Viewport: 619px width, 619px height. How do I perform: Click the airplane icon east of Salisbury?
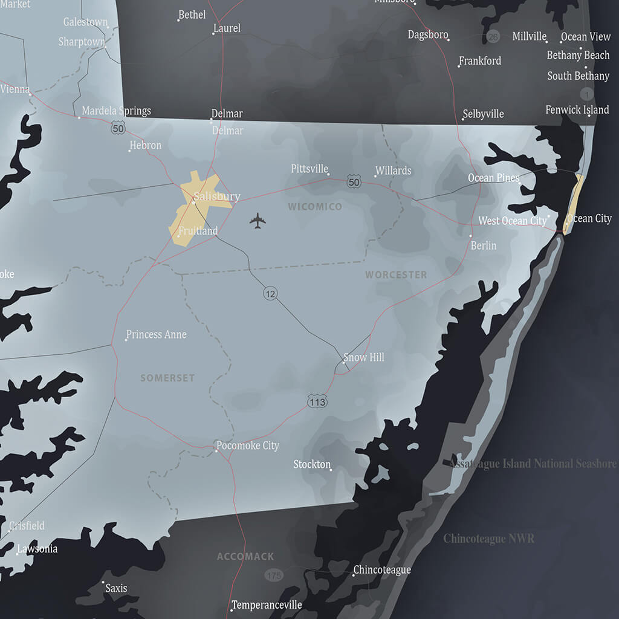pos(258,221)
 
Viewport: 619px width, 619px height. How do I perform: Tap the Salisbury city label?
pos(216,196)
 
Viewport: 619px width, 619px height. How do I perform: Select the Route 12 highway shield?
pos(270,294)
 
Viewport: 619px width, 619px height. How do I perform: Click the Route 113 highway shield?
pos(317,401)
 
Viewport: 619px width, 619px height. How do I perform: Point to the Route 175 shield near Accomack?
pos(274,574)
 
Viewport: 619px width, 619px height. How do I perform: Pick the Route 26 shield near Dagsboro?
pos(493,37)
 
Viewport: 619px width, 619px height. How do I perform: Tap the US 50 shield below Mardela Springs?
pos(118,128)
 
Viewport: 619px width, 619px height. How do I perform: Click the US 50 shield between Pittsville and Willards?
pos(354,181)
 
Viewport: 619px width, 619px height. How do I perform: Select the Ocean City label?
pos(589,218)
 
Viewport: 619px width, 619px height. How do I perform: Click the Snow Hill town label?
pos(363,357)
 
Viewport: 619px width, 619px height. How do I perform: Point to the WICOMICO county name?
pos(314,207)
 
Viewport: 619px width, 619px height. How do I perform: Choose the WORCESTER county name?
pos(396,274)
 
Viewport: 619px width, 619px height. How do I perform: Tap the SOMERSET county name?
pos(167,378)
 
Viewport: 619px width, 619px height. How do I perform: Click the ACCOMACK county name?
pos(245,556)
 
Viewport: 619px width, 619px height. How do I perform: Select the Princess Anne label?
pos(156,334)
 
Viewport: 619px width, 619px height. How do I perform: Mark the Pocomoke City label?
pos(248,446)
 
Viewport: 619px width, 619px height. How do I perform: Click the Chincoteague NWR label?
pos(488,538)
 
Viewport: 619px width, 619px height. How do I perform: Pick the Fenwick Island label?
pos(577,110)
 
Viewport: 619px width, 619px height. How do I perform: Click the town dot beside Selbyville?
pos(463,119)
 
